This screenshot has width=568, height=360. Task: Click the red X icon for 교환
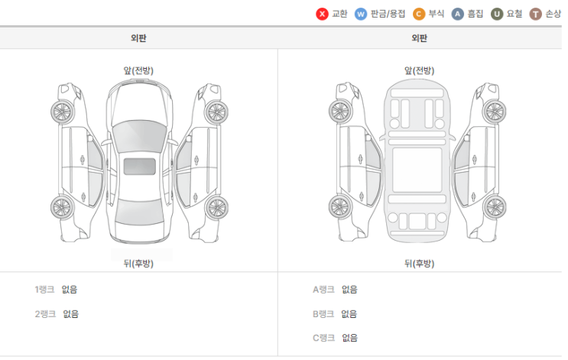coord(322,14)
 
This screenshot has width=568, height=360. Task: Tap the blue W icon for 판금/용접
coord(360,14)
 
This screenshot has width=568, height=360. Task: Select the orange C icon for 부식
coord(419,14)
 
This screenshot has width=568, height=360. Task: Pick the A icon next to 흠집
coord(457,14)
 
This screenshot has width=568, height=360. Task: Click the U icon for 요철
coord(497,14)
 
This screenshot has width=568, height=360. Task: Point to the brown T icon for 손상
coord(535,14)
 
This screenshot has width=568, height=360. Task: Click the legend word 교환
coord(339,14)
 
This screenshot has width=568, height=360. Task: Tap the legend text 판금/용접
coord(388,14)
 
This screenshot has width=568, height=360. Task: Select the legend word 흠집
coord(475,14)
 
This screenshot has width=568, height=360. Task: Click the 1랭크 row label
coord(44,290)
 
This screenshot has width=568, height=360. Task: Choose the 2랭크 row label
coord(45,313)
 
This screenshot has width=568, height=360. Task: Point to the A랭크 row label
coord(323,290)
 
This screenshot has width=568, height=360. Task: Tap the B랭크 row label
coord(323,313)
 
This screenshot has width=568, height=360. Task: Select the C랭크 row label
coord(323,338)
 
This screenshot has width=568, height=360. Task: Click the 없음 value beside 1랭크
coord(70,290)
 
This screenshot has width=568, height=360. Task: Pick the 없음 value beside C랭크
coord(349,338)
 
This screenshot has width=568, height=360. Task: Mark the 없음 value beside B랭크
coord(349,313)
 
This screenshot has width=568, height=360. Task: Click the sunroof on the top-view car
coord(139,166)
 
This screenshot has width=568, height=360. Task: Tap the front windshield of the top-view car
coord(139,136)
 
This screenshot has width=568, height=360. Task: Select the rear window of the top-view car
coord(139,211)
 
